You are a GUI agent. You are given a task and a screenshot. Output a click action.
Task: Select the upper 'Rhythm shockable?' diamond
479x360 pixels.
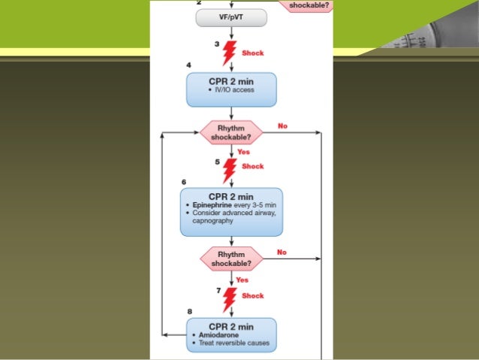230,133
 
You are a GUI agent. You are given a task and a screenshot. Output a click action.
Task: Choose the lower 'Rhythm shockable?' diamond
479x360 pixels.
230,259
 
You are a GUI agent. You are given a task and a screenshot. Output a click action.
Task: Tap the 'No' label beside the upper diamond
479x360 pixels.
282,126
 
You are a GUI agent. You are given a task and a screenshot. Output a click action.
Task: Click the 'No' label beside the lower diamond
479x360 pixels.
282,253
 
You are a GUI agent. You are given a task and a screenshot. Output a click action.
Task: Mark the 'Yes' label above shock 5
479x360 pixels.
243,152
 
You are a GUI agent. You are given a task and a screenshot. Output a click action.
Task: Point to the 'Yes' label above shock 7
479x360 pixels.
243,280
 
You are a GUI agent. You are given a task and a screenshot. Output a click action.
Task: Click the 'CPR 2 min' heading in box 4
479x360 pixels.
230,80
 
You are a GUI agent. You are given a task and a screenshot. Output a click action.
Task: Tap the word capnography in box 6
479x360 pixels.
212,222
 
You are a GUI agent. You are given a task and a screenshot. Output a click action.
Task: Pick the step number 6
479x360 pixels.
184,182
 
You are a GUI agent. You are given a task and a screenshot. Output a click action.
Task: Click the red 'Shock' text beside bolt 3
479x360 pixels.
253,53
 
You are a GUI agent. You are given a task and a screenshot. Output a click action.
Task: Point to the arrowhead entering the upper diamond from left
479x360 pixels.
197,133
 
